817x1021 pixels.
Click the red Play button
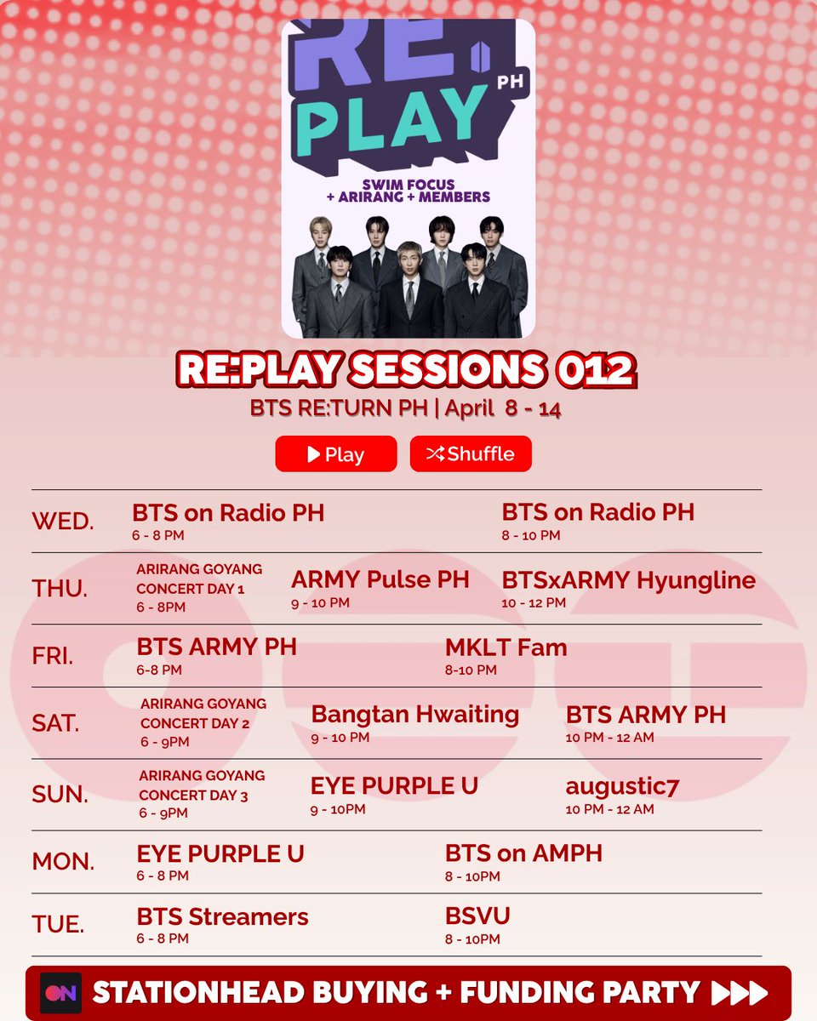coord(335,453)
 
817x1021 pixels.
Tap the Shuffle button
coord(471,453)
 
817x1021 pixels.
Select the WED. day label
coord(63,521)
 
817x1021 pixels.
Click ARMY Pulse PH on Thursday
coord(380,580)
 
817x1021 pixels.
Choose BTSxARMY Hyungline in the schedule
coord(628,580)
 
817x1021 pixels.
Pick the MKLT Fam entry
coord(506,647)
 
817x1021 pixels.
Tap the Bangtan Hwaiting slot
coord(414,715)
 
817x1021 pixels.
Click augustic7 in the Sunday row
coord(622,787)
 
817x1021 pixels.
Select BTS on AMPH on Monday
coord(523,853)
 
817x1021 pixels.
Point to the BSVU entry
coord(477,916)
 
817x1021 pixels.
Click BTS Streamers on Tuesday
coord(222,917)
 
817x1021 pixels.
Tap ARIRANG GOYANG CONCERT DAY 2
coord(203,714)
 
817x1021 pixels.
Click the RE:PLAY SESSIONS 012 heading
coord(405,370)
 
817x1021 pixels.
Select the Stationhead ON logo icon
coord(60,993)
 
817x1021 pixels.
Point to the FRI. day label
coord(53,656)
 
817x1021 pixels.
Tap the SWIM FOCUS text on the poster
coord(407,184)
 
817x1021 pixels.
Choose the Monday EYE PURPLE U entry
coord(220,853)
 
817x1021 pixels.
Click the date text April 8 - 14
coord(503,408)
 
